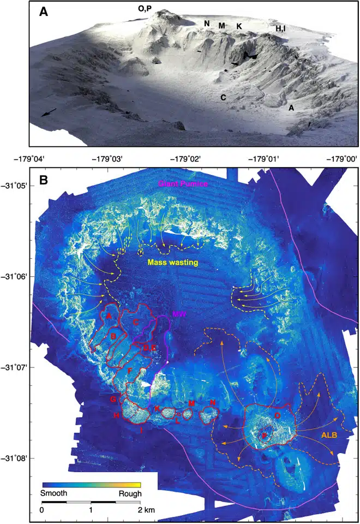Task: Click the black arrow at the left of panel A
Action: click(48, 112)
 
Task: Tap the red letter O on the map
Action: click(278, 415)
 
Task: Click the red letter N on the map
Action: click(212, 403)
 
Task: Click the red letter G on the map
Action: click(113, 400)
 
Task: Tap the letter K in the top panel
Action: click(239, 26)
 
